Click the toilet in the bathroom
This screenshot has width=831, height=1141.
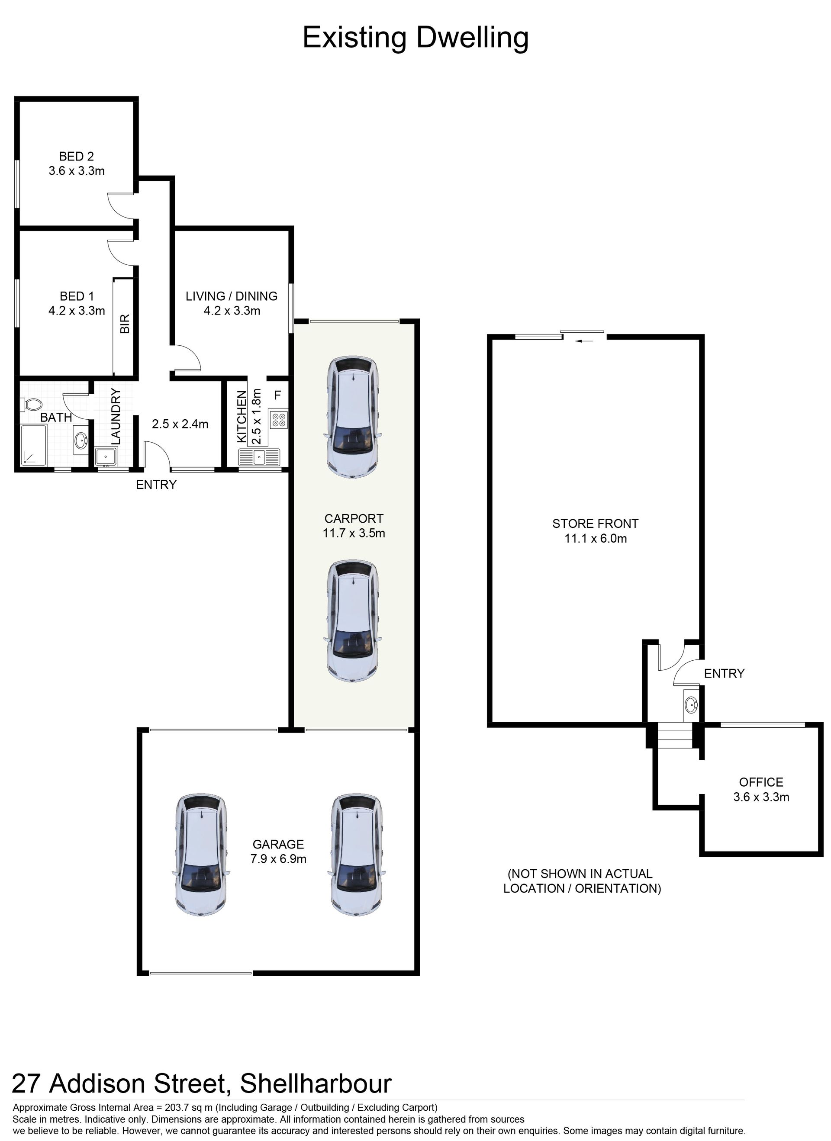coord(32,405)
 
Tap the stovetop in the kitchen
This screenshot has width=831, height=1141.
coord(279,420)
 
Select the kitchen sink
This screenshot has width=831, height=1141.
coord(259,457)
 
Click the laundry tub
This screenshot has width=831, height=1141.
coord(106,457)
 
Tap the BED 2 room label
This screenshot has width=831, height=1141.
coord(77,157)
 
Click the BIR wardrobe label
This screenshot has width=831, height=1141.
coord(125,324)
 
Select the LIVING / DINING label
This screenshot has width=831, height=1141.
coord(232,296)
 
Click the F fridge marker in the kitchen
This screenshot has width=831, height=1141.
coord(277,395)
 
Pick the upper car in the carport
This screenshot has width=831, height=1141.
coord(353,417)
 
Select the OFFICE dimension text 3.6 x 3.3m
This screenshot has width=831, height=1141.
coord(761,797)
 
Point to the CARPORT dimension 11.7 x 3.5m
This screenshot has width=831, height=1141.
coord(354,533)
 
